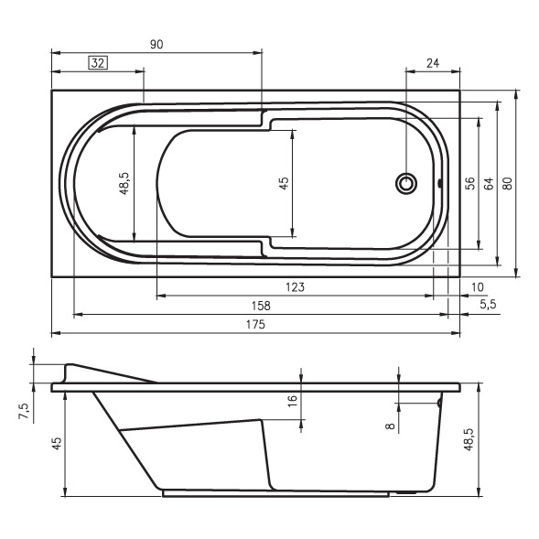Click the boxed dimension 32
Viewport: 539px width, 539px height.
point(98,63)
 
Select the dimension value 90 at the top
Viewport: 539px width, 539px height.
point(156,44)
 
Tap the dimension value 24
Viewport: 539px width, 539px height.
point(433,63)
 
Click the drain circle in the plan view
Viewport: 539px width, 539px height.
point(406,183)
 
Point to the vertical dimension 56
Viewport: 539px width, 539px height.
point(469,183)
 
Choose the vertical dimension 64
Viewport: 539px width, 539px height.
point(489,183)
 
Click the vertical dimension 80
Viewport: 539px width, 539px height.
point(507,183)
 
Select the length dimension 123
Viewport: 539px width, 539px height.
point(295,287)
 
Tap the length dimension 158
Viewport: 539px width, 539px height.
point(261,306)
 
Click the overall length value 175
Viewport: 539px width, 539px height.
point(255,324)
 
